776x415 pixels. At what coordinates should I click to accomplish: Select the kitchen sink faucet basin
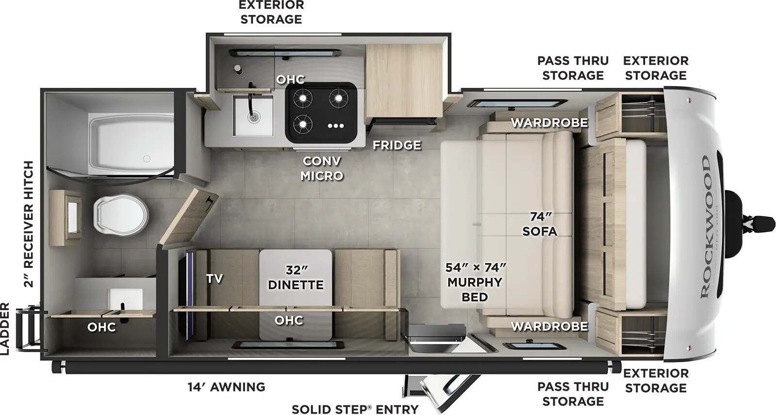(253, 116)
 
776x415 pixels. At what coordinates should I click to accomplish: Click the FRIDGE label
(397, 145)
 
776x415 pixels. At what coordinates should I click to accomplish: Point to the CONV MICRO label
(322, 168)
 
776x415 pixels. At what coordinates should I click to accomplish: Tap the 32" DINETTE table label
(296, 277)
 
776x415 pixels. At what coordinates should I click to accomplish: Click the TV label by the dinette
(214, 278)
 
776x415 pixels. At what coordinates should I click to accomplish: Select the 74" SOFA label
(540, 224)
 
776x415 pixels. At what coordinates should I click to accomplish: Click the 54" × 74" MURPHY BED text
(475, 282)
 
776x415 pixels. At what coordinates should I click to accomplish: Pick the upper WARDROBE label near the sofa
(549, 123)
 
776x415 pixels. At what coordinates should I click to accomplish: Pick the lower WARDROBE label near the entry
(549, 327)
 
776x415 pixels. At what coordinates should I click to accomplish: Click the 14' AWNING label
(226, 387)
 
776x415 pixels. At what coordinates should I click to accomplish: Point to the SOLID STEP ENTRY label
(355, 409)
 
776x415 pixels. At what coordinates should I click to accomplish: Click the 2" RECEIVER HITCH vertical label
(29, 224)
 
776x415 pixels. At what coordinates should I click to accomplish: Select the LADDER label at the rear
(5, 328)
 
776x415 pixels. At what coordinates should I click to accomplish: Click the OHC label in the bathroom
(101, 327)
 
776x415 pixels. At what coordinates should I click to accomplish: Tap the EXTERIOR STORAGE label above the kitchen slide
(272, 12)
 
